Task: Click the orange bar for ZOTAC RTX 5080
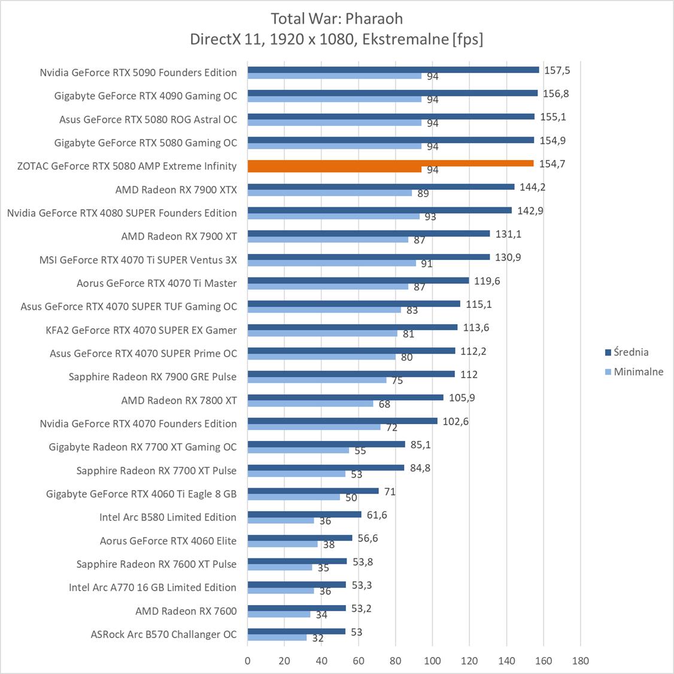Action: click(x=390, y=164)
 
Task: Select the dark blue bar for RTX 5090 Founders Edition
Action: click(x=393, y=69)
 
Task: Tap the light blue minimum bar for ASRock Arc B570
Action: click(x=277, y=637)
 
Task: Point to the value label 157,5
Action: click(x=557, y=70)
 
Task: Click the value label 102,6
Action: click(x=456, y=421)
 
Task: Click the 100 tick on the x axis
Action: click(x=432, y=661)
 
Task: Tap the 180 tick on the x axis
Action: click(x=580, y=661)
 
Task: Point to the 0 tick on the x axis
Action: click(x=248, y=661)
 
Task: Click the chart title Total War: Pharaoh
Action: click(x=336, y=18)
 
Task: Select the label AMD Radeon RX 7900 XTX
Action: click(x=176, y=190)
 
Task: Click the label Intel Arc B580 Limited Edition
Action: click(x=168, y=517)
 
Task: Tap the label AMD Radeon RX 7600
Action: click(x=186, y=610)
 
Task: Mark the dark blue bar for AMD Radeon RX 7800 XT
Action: click(x=345, y=397)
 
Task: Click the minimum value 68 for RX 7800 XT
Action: click(x=384, y=404)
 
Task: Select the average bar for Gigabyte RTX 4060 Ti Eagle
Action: click(x=313, y=491)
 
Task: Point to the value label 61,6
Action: click(x=377, y=515)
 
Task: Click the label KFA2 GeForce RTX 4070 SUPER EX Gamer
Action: click(x=141, y=330)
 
